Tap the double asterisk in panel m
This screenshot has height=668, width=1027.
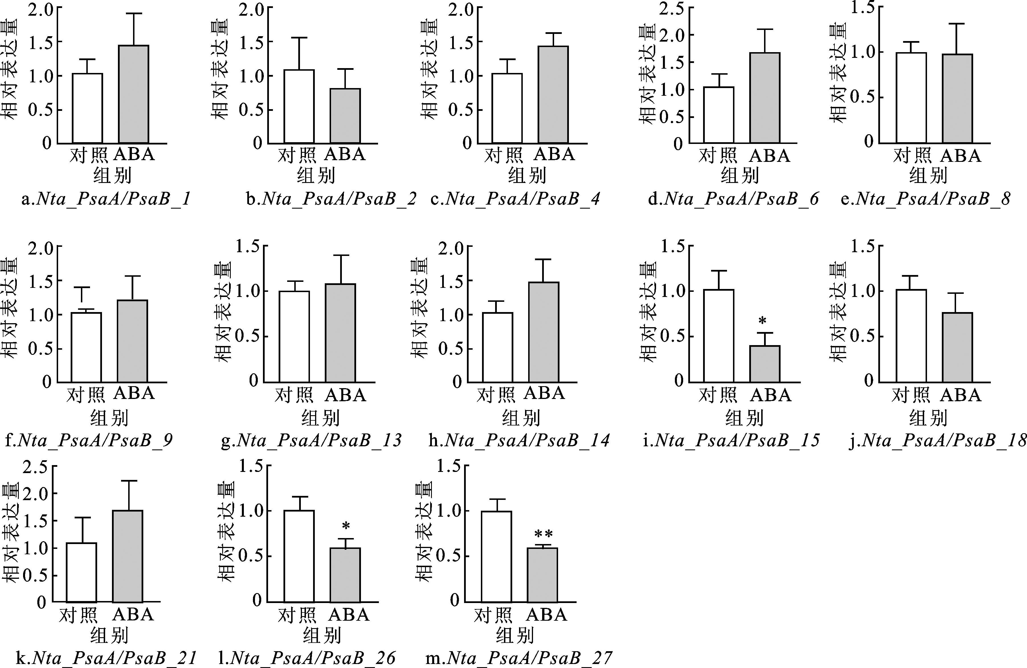(x=543, y=534)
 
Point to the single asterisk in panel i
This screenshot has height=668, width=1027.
(x=762, y=321)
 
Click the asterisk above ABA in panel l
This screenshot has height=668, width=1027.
(x=346, y=526)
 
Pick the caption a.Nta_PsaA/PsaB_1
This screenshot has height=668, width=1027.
(x=106, y=199)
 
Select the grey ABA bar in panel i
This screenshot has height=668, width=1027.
(x=765, y=364)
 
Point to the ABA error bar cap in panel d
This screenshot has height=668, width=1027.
(x=765, y=29)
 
